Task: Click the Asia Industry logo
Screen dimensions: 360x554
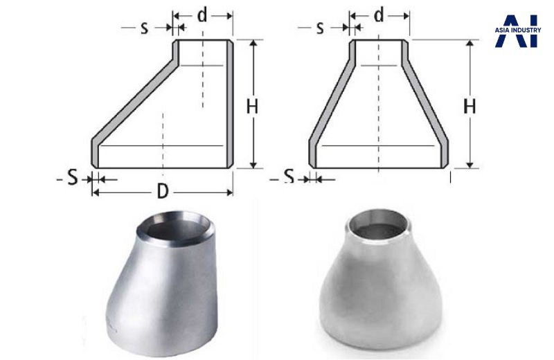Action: click(517, 31)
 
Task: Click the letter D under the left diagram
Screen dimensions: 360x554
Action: click(162, 192)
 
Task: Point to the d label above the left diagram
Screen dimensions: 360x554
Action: click(202, 14)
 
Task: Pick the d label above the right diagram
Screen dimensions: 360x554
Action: click(379, 14)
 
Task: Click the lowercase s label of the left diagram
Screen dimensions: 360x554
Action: click(144, 28)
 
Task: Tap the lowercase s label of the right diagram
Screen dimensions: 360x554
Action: click(320, 28)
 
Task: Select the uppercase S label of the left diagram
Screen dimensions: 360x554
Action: click(72, 178)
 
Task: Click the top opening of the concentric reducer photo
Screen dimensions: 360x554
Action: click(377, 225)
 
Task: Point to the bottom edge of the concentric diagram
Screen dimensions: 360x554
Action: click(379, 168)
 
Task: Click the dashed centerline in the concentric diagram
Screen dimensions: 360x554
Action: click(378, 104)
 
